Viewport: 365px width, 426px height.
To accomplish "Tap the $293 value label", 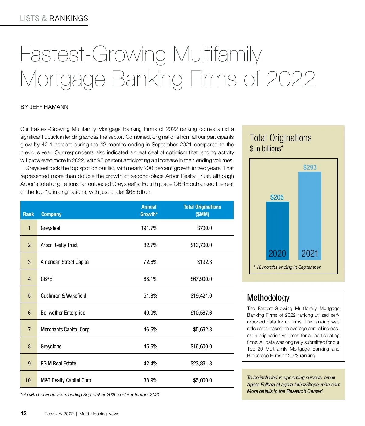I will pos(310,167).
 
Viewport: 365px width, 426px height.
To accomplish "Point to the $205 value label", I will pos(277,197).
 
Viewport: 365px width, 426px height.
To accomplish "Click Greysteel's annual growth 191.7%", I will pos(149,228).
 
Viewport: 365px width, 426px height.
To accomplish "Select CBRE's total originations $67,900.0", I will pos(201,279).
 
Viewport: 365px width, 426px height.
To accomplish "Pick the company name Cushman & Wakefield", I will pos(63,296).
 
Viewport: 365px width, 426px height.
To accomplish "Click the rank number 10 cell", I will pos(28,380).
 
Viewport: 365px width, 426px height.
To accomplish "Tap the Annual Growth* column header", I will pos(149,211).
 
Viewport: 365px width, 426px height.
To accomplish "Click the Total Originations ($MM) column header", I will pos(202,211).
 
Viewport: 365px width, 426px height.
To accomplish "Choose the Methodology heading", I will pos(268,298).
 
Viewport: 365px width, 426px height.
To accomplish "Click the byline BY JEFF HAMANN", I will pos(44,107).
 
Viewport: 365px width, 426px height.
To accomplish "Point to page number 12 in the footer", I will pos(24,414).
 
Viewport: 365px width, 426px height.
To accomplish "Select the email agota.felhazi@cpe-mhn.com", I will pos(311,384).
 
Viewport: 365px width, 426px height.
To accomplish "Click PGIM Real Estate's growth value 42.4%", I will pos(150,364).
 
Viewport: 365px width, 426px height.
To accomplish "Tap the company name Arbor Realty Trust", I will pos(59,245).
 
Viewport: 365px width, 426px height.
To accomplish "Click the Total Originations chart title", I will pos(280,138).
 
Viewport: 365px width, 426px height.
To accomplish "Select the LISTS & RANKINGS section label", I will pos(54,19).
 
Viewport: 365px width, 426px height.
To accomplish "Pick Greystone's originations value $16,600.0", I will pos(201,347).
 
